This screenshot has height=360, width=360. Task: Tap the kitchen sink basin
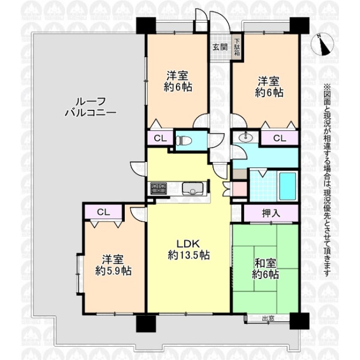click(193, 188)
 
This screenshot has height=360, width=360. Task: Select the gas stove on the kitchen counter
click(158, 188)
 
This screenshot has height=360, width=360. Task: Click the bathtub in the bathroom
click(287, 186)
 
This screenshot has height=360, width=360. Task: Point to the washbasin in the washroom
click(246, 137)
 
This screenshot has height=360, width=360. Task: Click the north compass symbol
click(321, 45)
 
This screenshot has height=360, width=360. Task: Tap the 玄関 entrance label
click(220, 47)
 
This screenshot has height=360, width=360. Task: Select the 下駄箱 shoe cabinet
click(238, 48)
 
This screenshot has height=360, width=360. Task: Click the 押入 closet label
click(271, 214)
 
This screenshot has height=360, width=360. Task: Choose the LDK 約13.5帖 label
click(188, 249)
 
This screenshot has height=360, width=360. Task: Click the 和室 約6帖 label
click(266, 269)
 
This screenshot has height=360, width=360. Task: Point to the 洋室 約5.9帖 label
click(113, 265)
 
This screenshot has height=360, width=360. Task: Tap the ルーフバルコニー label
click(91, 107)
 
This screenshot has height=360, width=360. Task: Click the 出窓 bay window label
click(268, 318)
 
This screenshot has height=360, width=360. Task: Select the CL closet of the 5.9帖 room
click(103, 212)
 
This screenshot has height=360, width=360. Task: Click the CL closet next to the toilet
click(160, 138)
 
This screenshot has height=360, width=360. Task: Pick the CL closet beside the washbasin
click(280, 138)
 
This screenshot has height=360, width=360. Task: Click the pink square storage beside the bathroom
click(239, 188)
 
